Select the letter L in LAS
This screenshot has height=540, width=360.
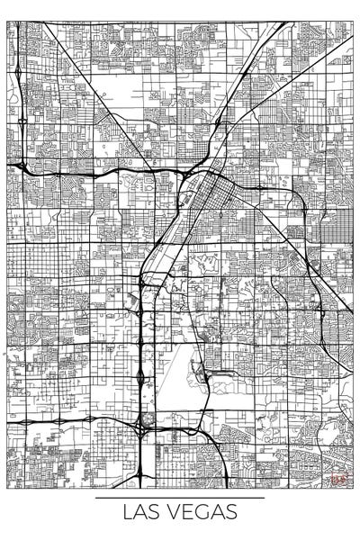click(129, 513)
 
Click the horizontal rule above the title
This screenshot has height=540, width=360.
click(180, 497)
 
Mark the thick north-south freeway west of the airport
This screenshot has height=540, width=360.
click(141, 360)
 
